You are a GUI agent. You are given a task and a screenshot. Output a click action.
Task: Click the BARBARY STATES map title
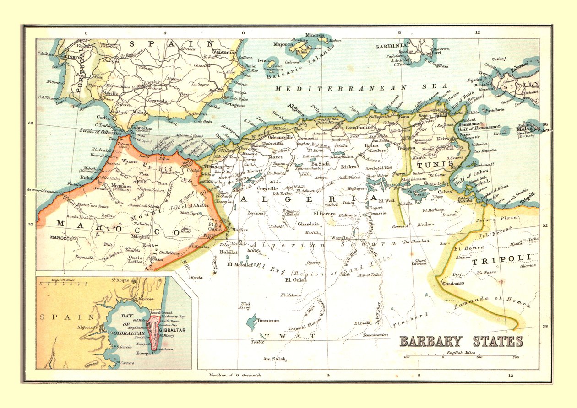[461, 341]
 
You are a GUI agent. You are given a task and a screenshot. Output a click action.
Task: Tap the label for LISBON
[73, 58]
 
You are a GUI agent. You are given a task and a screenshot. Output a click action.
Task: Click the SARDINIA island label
[391, 46]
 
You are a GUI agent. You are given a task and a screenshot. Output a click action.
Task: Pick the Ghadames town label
[453, 283]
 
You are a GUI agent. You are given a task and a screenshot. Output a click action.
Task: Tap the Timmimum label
[268, 321]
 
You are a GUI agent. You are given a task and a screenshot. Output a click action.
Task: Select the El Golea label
[296, 280]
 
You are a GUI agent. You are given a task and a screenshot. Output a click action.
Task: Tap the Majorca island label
[283, 44]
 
